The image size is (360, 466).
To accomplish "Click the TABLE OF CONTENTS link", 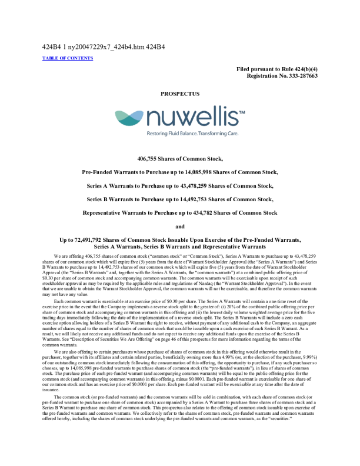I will pyautogui.click(x=68, y=58).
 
